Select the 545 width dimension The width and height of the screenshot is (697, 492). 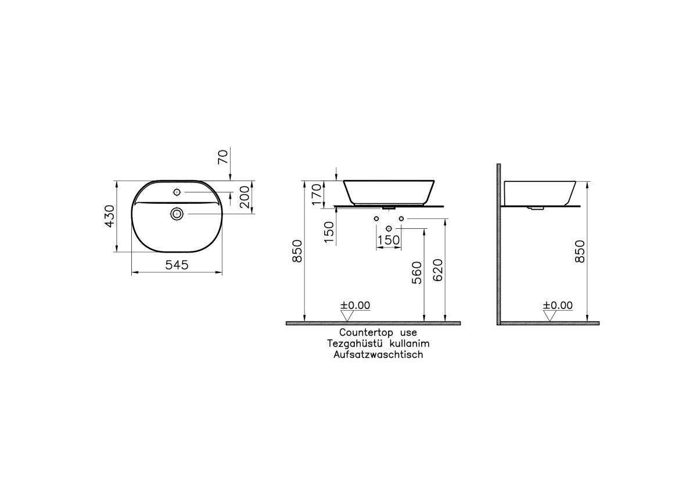pos(177,265)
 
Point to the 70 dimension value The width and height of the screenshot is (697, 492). pos(223,156)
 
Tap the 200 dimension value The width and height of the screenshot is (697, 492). pos(245,197)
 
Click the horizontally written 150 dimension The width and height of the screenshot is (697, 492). pos(389,239)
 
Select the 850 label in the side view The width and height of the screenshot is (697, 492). pos(579,251)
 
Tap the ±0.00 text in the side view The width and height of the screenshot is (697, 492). pos(558,306)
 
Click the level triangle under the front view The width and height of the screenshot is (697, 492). pos(347,315)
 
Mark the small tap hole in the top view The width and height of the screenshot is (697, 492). pos(177,192)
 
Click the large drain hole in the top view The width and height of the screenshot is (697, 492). pos(178,214)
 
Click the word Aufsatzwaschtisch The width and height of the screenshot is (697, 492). pos(378,354)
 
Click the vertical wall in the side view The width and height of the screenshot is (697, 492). pos(498,244)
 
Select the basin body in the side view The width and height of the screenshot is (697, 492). pos(540,192)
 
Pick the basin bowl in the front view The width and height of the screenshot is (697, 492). pos(389,191)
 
